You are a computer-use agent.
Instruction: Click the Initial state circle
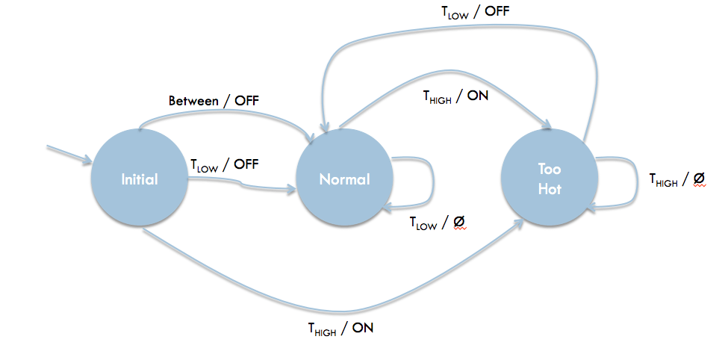coord(140,179)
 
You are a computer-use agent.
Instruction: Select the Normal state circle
coord(344,179)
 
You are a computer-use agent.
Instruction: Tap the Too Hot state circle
coord(550,179)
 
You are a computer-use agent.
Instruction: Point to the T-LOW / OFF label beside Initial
coord(225,165)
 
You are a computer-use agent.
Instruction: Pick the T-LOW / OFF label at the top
coord(475,12)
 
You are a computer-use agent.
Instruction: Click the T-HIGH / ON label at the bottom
coord(340,329)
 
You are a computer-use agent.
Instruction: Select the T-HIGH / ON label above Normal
coord(455,97)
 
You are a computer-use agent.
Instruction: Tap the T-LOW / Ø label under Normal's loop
coord(438,223)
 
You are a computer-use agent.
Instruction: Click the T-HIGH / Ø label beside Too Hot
coord(677,179)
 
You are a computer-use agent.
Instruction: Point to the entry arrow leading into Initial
coord(69,155)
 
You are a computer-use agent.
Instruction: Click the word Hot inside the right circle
coord(550,190)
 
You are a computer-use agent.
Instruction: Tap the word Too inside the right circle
coord(550,169)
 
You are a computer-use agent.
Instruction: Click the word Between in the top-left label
coord(193,102)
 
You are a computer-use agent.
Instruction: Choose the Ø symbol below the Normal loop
coord(458,223)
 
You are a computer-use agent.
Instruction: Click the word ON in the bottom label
coord(363,329)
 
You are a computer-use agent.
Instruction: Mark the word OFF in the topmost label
coord(498,11)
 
